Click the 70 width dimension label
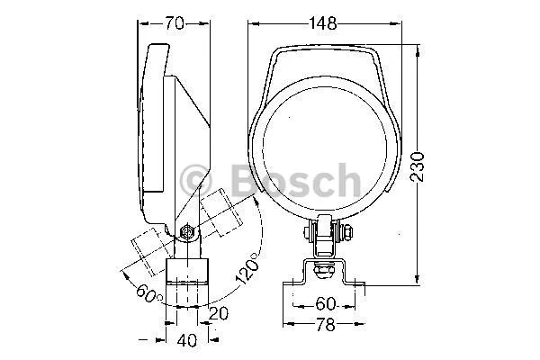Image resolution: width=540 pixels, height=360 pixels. pos(175,23)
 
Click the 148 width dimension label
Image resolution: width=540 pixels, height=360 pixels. pos(323,23)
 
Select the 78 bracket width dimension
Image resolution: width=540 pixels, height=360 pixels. pos(325,325)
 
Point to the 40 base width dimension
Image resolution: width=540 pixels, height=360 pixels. pos(187,340)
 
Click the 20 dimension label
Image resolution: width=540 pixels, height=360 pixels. pos(219,313)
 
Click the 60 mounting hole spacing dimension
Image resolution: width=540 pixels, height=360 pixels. pos(325,304)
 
